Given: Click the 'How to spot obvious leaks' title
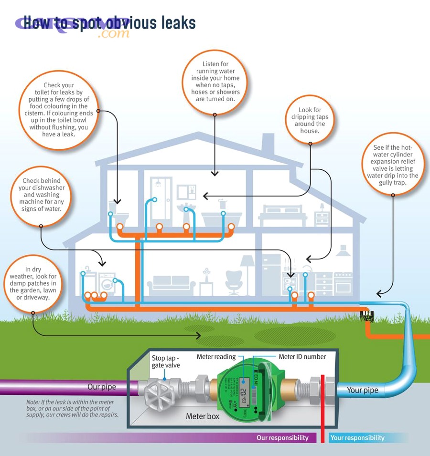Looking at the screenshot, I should click(x=109, y=22).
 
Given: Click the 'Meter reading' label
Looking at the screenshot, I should click(x=216, y=357).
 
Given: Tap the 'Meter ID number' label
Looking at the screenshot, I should click(x=302, y=357).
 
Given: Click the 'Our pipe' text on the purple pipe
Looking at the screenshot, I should click(x=101, y=386).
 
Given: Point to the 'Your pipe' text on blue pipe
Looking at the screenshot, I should click(x=362, y=390).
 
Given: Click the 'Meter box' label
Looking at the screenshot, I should click(x=203, y=416).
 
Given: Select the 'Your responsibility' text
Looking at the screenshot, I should click(x=357, y=437).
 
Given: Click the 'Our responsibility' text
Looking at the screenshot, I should click(x=282, y=437).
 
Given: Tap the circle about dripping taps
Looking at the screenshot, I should click(x=310, y=120).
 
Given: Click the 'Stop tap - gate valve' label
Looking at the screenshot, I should click(x=166, y=361).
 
